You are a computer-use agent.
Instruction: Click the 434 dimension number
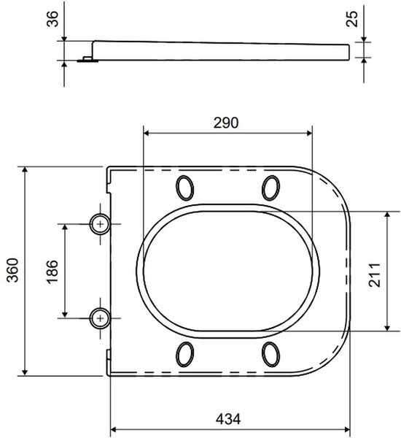click(228, 419)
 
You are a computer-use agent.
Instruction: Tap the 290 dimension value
click(226, 123)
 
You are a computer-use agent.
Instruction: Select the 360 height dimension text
click(13, 270)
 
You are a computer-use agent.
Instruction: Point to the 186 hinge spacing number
click(52, 272)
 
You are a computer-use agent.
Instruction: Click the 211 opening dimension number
click(375, 275)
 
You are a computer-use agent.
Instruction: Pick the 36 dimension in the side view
click(52, 19)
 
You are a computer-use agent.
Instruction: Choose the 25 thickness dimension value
click(351, 19)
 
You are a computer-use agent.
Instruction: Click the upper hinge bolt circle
click(100, 224)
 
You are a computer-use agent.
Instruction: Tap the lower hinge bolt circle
click(100, 318)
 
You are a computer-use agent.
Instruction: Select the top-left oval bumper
click(184, 188)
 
